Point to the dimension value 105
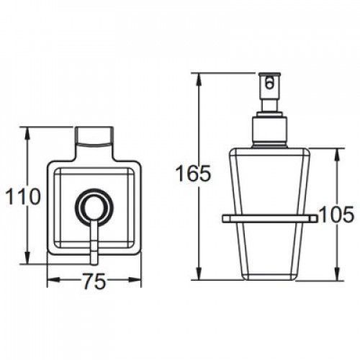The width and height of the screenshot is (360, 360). pyautogui.click(x=337, y=215)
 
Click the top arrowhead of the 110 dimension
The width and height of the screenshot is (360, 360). pyautogui.click(x=28, y=134)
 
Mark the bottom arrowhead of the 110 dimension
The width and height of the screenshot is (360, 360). pyautogui.click(x=28, y=258)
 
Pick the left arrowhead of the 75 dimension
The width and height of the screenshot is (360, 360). pyautogui.click(x=53, y=280)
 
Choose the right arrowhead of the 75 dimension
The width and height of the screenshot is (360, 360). pyautogui.click(x=135, y=280)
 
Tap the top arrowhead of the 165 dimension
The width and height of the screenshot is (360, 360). pyautogui.click(x=199, y=79)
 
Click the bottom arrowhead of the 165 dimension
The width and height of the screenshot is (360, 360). pyautogui.click(x=199, y=274)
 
